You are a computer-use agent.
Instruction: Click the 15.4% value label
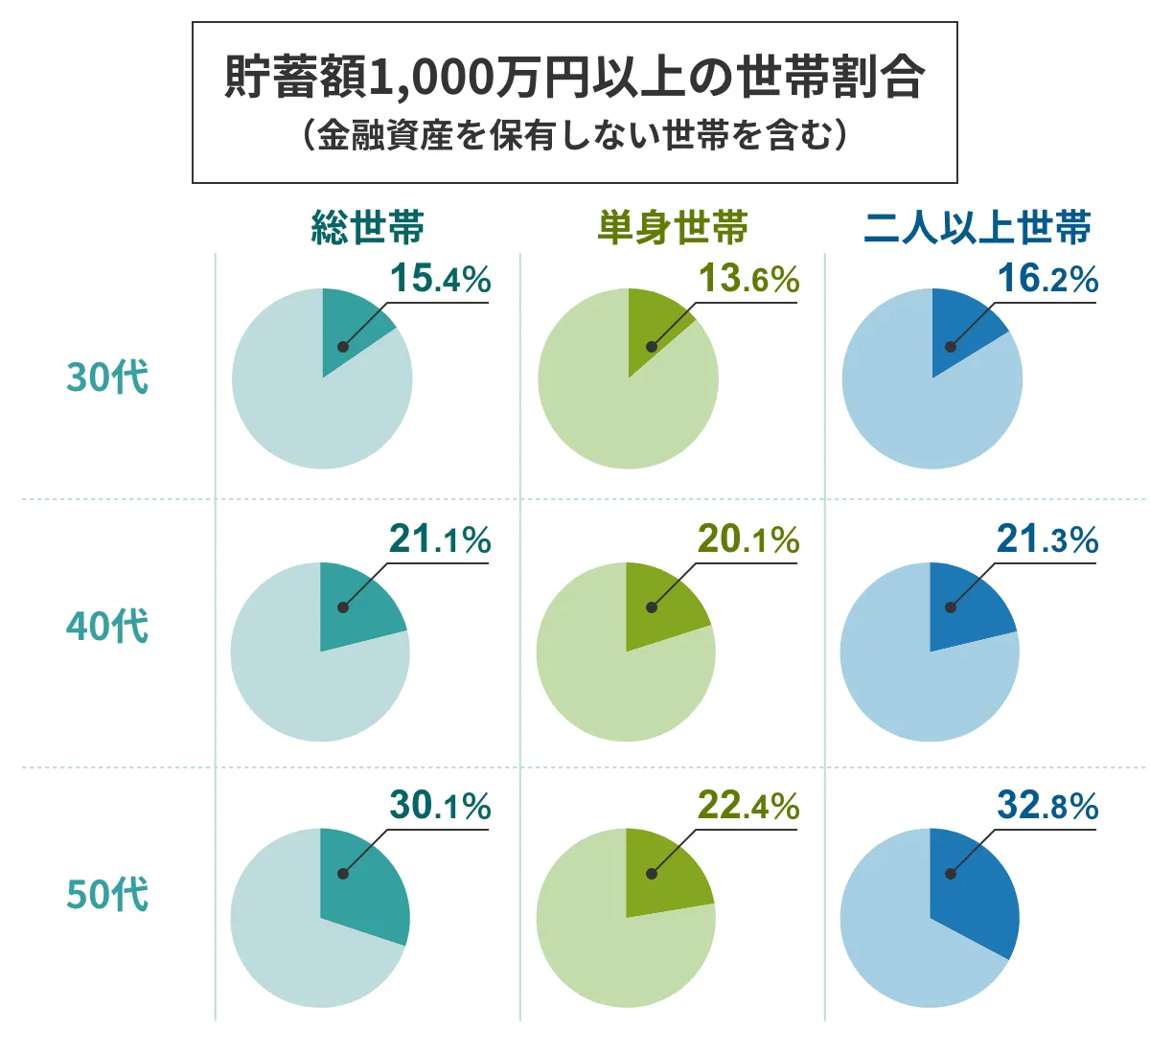(x=440, y=279)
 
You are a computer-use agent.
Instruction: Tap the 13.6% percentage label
(x=748, y=279)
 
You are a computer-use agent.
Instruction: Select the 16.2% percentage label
(x=1047, y=279)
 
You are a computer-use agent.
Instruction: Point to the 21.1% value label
(x=440, y=540)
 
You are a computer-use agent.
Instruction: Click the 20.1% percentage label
(x=748, y=540)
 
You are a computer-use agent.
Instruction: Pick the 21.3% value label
(x=1047, y=540)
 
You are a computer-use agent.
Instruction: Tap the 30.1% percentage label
(x=440, y=807)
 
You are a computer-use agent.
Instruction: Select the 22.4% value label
(x=748, y=807)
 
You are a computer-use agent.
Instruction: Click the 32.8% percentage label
(x=1047, y=807)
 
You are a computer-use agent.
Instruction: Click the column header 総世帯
(x=367, y=228)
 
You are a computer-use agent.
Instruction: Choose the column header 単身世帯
(x=673, y=228)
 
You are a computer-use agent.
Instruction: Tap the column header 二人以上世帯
(x=977, y=228)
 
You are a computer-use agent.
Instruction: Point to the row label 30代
(x=107, y=377)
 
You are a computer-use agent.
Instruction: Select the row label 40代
(x=107, y=627)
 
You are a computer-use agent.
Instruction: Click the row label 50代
(x=107, y=894)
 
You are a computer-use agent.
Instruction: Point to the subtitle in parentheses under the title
(x=574, y=135)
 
